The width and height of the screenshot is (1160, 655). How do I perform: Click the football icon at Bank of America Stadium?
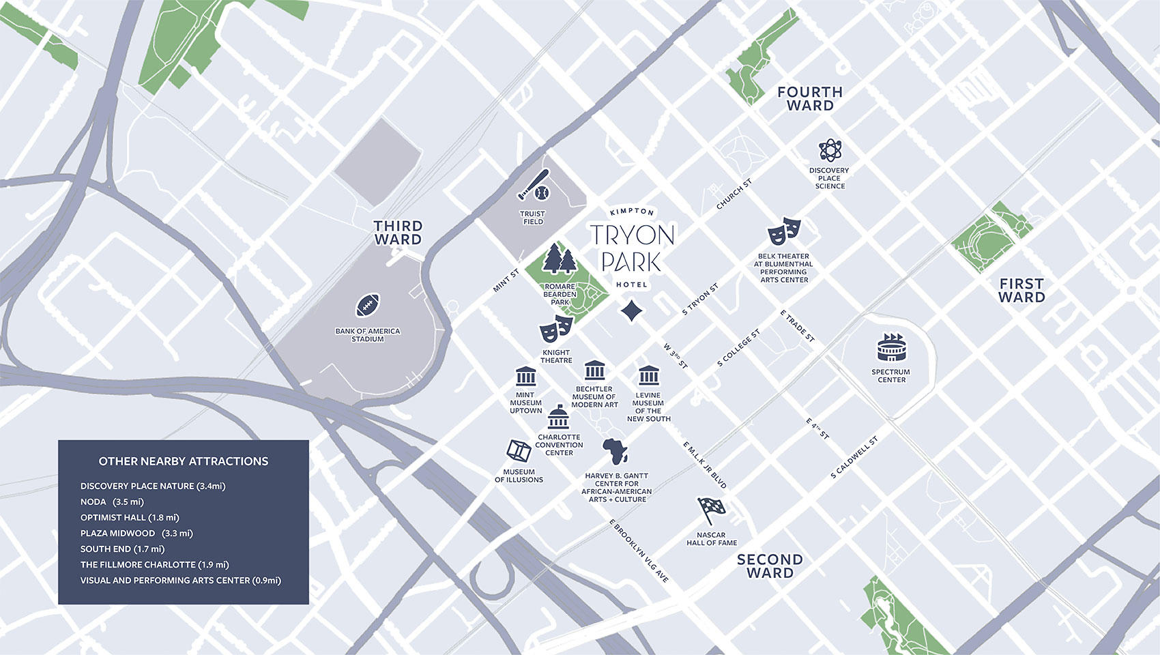pos(368,306)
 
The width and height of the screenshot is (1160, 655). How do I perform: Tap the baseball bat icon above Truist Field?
pos(534,186)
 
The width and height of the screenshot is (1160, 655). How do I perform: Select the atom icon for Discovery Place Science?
pos(830,150)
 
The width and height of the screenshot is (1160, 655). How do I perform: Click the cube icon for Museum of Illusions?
pos(519,451)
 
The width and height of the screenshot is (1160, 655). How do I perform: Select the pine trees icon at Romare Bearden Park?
pos(560,259)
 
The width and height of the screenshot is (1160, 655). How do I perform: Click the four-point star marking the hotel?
pos(632,310)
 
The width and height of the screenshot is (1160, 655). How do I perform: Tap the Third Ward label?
pos(398,233)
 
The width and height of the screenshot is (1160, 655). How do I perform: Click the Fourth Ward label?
pos(810,99)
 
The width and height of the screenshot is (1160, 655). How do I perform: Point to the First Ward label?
pos(1021,290)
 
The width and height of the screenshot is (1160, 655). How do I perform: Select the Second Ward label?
pos(770,566)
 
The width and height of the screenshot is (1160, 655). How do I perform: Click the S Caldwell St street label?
pos(854,458)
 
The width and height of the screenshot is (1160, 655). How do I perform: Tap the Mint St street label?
pos(506,280)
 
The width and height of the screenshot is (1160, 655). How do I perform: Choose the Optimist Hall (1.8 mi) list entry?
pos(130,517)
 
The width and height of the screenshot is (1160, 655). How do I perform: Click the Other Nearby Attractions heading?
pos(183,461)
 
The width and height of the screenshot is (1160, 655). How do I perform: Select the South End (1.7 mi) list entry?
pos(122,549)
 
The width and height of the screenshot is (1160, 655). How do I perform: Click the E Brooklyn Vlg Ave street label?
pos(639,551)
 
